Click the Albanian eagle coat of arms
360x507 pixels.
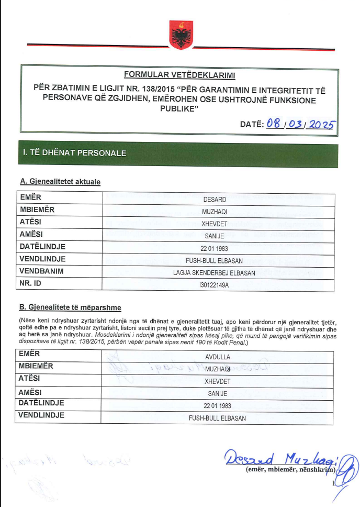(x=181, y=35)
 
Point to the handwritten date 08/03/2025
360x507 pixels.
(x=300, y=124)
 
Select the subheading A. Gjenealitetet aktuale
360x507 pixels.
(x=60, y=182)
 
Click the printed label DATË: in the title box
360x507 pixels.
(x=251, y=125)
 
